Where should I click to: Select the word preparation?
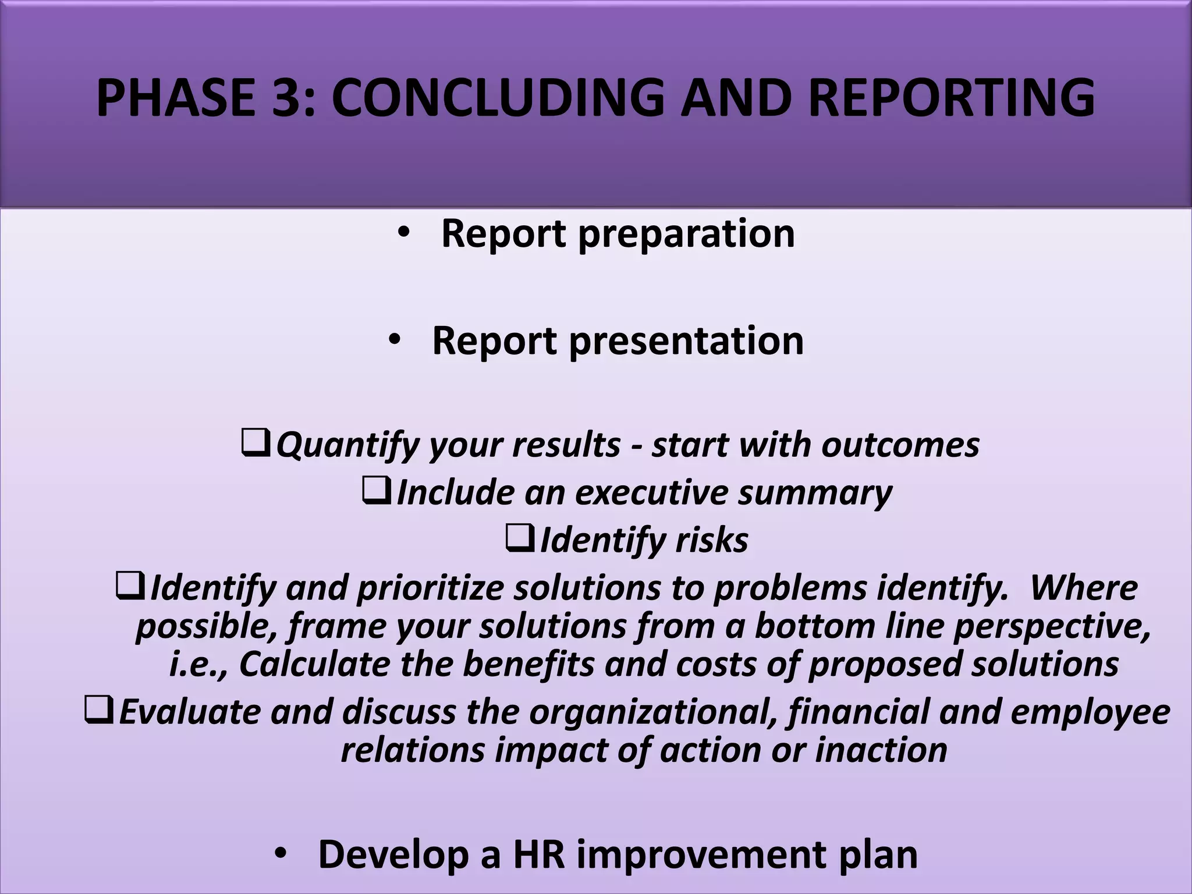[686, 235]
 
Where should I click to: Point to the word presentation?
[686, 342]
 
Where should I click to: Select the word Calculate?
[314, 664]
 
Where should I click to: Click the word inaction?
[881, 750]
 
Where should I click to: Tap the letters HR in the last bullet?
[539, 855]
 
